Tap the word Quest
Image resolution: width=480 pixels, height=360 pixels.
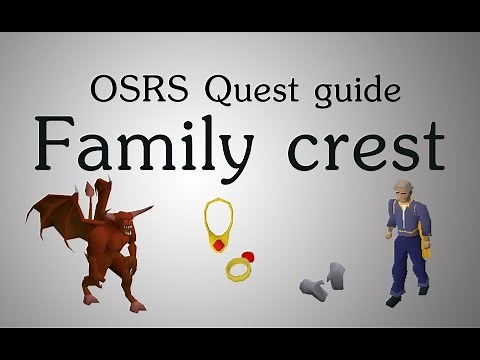tap(238, 90)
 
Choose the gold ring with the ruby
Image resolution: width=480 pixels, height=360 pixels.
tap(240, 267)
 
